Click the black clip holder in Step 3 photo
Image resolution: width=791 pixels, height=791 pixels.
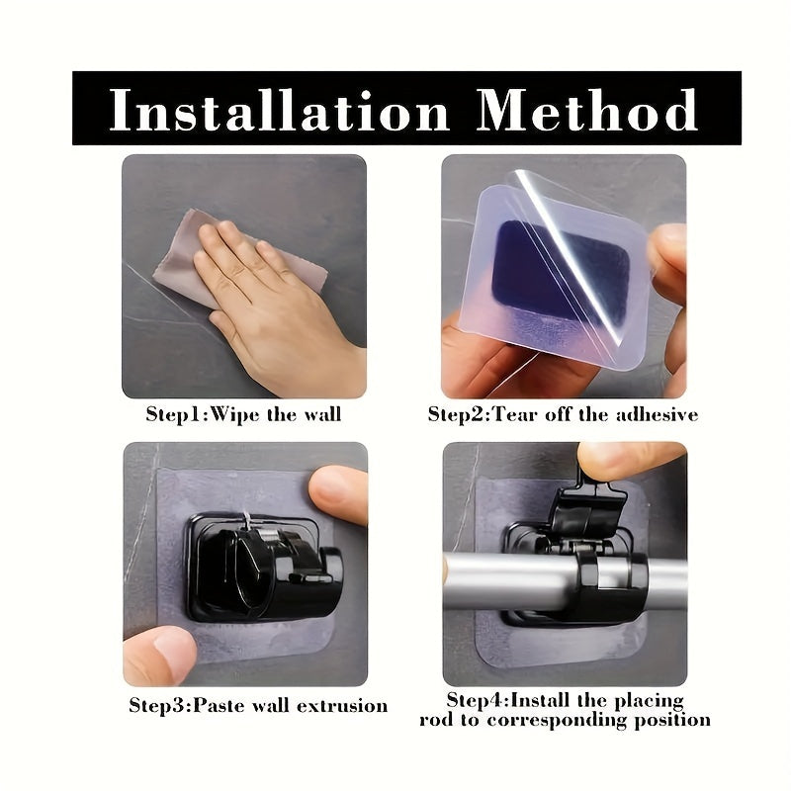262,569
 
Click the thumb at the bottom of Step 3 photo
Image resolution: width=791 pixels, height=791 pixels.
160,655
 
